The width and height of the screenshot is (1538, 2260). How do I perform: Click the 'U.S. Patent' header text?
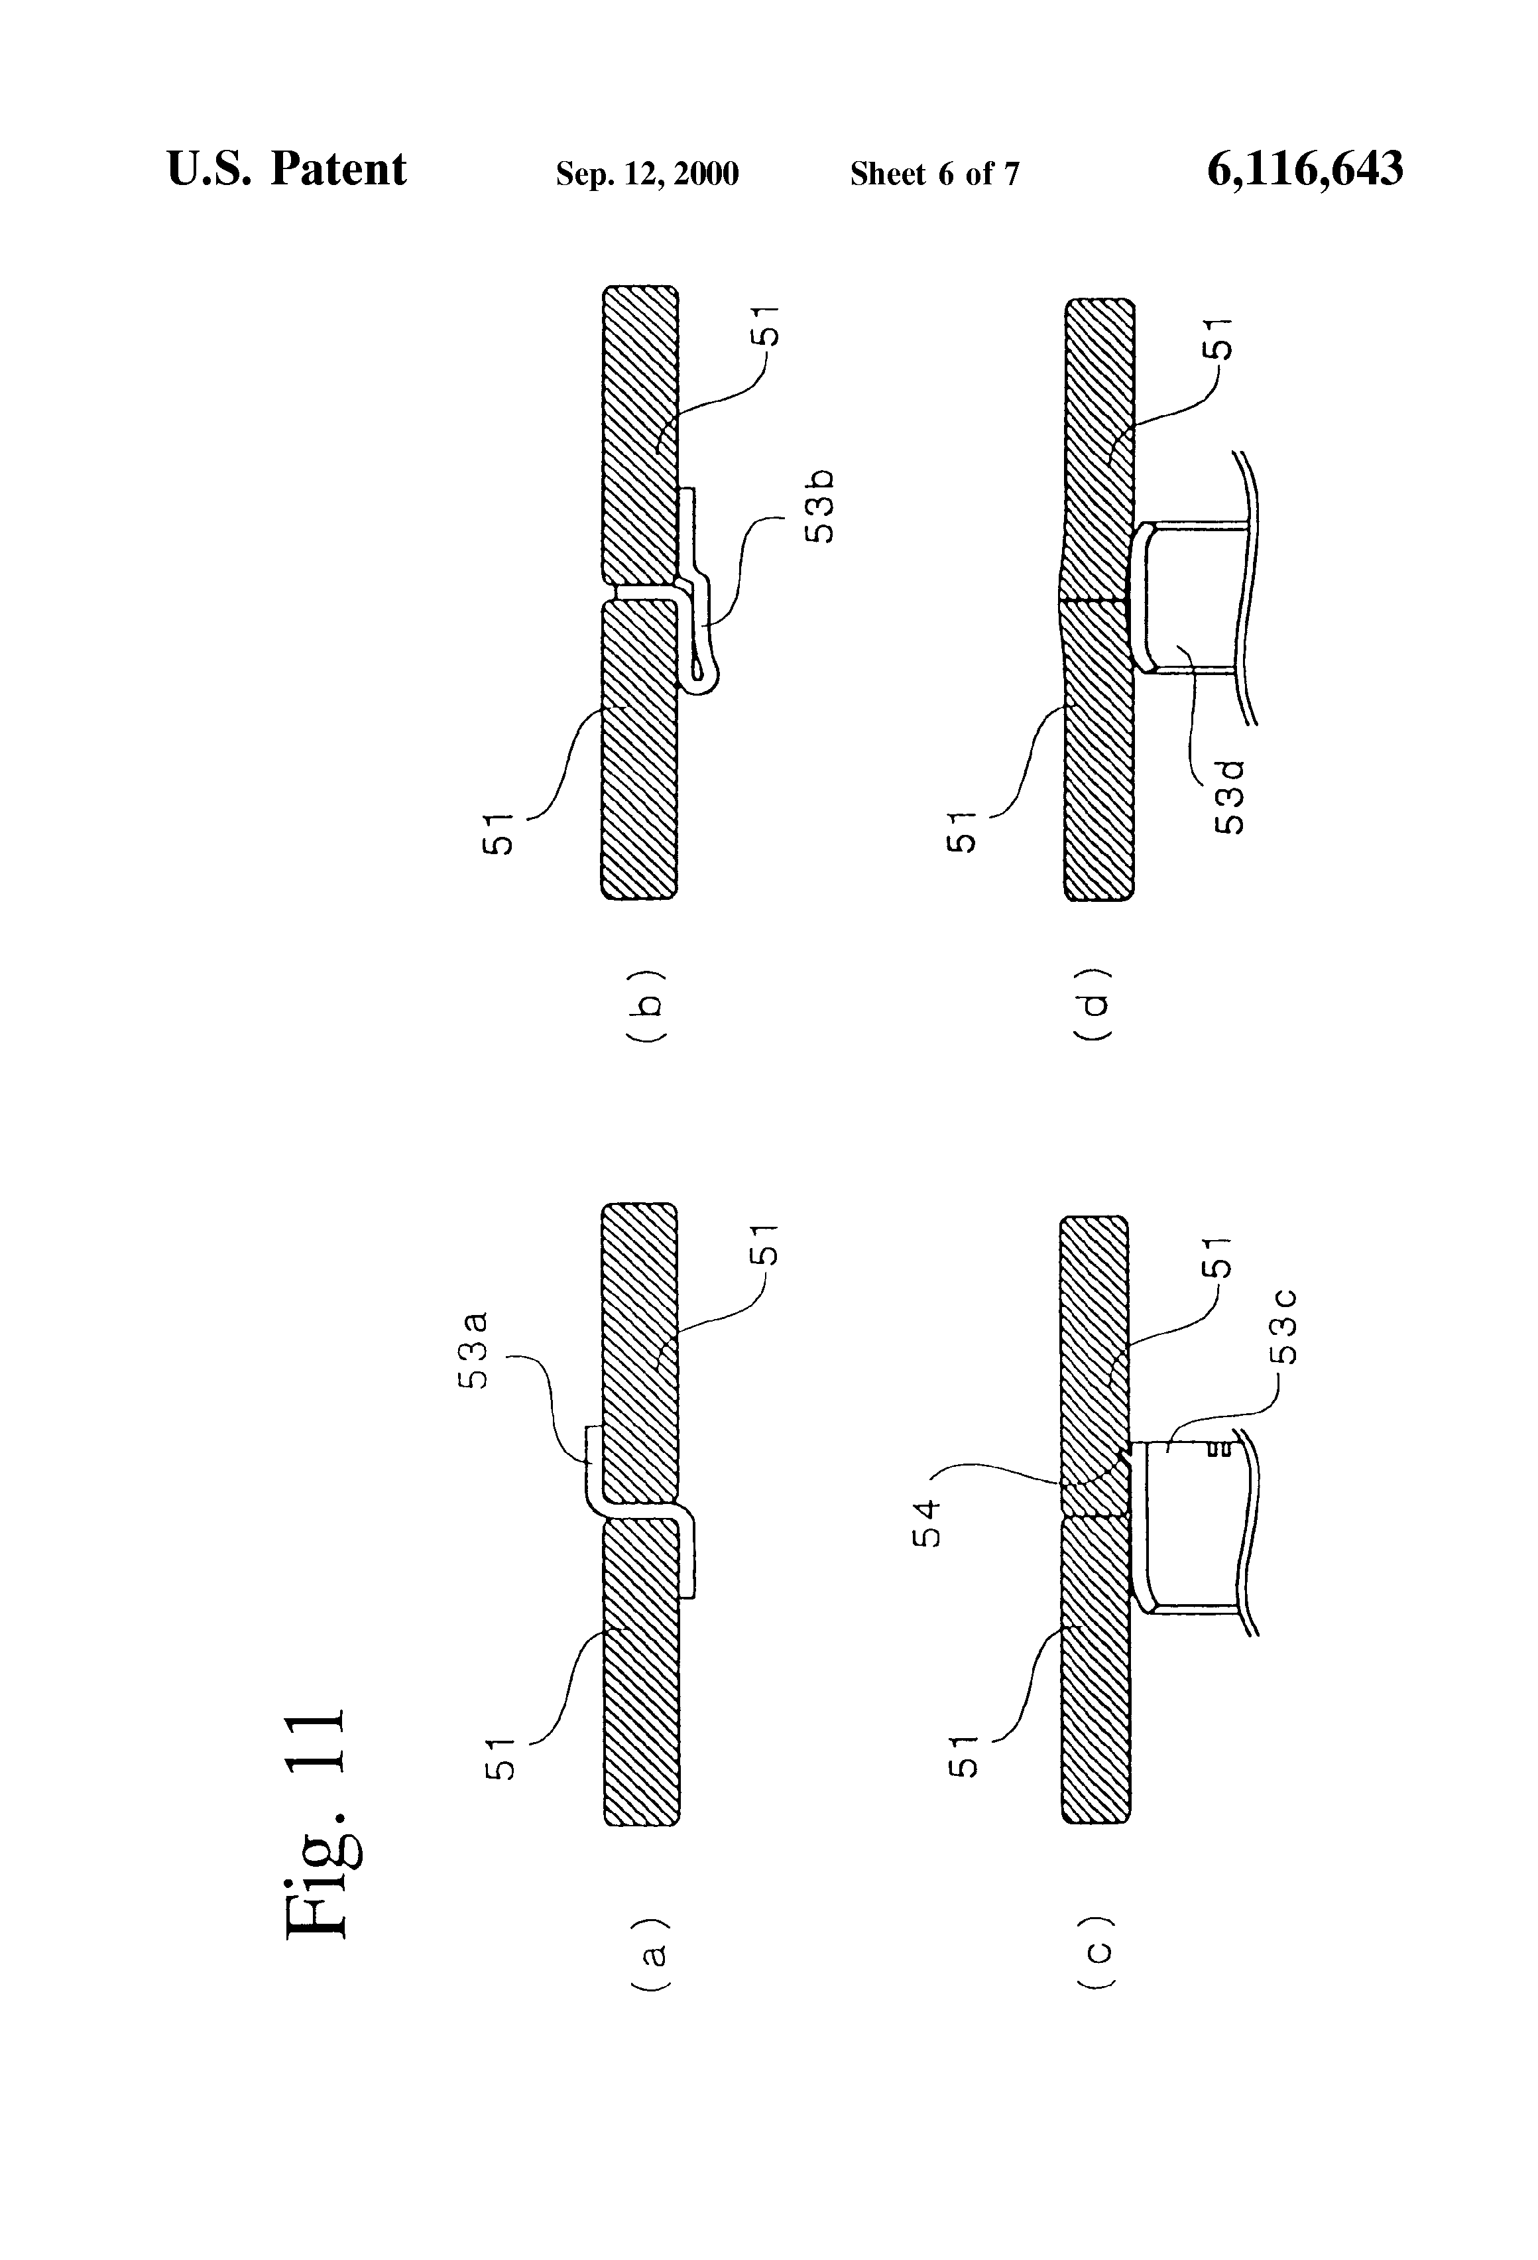click(287, 169)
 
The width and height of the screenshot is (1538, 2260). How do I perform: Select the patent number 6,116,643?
click(1305, 169)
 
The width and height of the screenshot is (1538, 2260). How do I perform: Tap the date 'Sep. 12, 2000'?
click(646, 174)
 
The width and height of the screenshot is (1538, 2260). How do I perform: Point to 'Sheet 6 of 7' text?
click(934, 174)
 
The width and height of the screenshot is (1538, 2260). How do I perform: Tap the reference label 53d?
click(1230, 796)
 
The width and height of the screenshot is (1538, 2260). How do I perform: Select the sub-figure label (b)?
click(646, 1005)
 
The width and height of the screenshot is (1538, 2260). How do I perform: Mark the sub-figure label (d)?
click(1094, 1005)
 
